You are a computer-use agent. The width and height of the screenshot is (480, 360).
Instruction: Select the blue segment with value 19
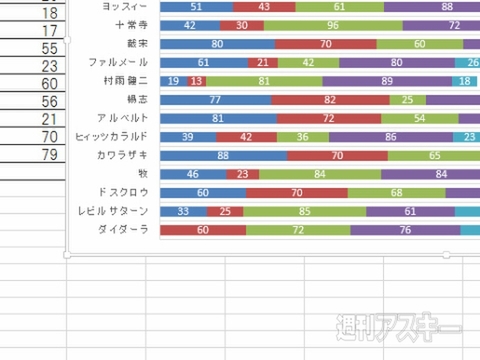173,82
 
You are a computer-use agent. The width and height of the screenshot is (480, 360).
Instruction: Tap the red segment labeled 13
197,82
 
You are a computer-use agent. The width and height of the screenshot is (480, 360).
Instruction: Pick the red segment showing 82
329,100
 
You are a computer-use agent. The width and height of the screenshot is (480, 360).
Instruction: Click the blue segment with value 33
183,211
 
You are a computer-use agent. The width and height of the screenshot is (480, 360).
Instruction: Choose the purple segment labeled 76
404,230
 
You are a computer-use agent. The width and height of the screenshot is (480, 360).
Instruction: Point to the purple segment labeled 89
387,82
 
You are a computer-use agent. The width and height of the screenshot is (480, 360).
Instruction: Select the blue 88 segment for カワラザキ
223,156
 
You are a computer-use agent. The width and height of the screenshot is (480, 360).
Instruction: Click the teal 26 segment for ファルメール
467,63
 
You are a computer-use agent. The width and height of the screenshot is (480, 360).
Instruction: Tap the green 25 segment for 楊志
406,100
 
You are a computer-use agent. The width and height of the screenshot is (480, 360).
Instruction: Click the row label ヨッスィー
120,7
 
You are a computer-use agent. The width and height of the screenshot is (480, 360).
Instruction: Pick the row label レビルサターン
114,211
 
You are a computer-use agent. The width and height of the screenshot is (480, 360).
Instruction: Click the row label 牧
143,174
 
